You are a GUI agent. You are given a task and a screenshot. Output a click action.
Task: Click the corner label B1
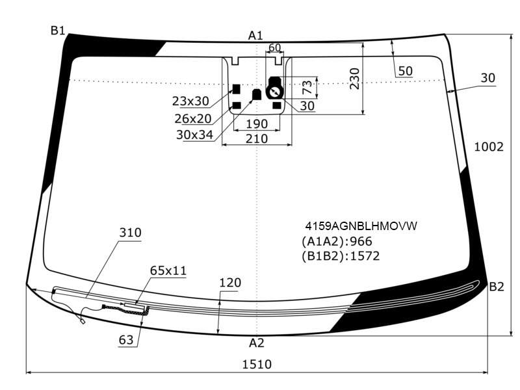point(58,31)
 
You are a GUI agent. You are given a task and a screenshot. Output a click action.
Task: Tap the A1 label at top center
point(255,36)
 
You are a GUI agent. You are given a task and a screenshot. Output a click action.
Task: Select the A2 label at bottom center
point(256,343)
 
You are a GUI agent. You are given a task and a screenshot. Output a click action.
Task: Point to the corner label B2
point(497,287)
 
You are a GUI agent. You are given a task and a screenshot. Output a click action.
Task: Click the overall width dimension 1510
point(257,365)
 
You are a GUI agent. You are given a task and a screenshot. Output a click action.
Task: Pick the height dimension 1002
point(489,147)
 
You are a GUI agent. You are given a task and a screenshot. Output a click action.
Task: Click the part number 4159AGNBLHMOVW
point(361,226)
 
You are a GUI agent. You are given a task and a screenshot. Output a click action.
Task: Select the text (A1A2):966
point(337,241)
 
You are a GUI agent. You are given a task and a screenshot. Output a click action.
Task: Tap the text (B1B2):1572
point(341,256)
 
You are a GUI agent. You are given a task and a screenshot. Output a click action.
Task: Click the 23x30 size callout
point(190,101)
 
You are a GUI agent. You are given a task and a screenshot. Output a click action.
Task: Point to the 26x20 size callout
point(193,118)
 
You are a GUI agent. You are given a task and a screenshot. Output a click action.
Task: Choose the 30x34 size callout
point(194,135)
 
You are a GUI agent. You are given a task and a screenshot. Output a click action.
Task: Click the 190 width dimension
point(257,124)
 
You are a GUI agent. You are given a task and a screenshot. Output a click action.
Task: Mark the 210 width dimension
point(257,138)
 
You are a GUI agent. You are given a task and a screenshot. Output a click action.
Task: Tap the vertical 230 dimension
point(354,79)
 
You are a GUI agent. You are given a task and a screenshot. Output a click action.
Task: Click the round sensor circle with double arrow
point(274,92)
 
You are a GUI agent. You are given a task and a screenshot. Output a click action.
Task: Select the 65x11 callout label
point(168,270)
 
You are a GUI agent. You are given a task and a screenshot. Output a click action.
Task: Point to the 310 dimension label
point(130,233)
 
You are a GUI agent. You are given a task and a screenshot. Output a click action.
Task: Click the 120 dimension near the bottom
point(230,283)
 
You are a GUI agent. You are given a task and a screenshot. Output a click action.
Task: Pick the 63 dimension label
point(126,340)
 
